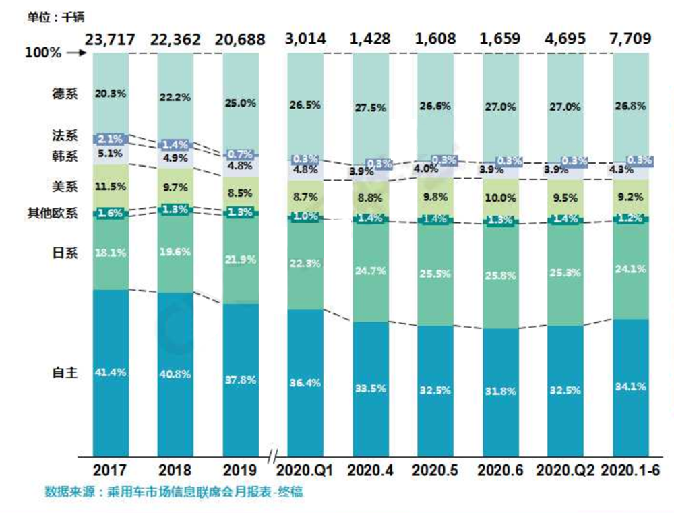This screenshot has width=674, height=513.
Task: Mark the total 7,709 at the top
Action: pos(632,39)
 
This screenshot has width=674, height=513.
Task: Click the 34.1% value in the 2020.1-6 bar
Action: pos(632,387)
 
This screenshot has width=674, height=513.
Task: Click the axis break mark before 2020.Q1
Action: pos(272,458)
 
